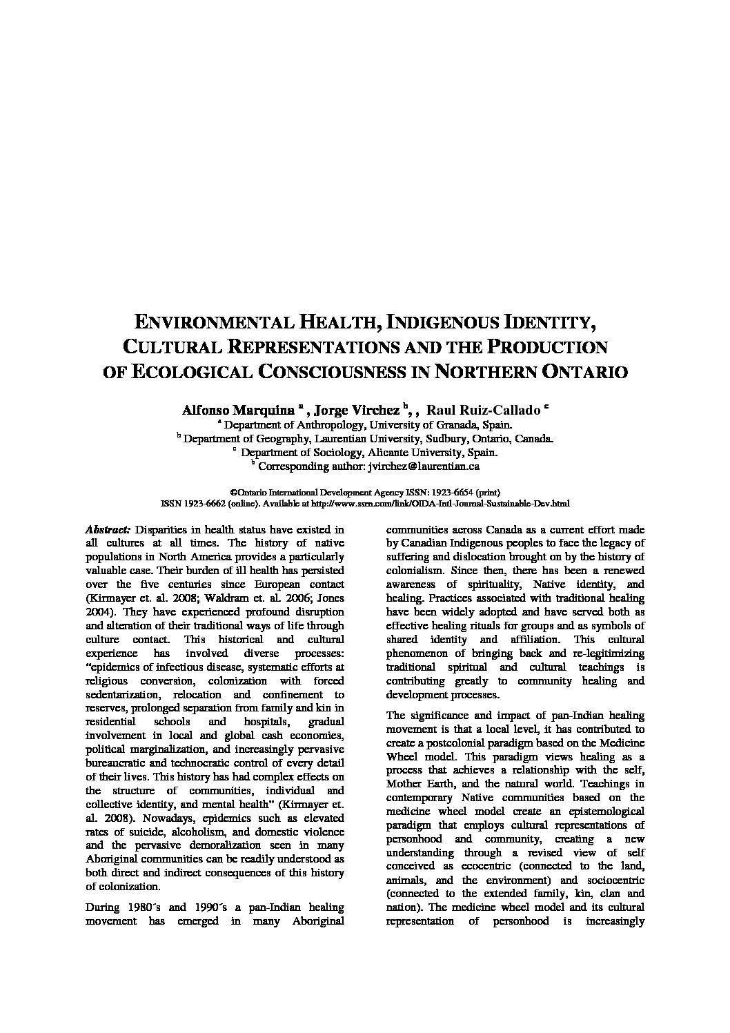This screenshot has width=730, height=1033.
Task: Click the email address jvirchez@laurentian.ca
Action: (x=424, y=466)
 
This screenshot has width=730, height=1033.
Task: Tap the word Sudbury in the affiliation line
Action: (x=453, y=439)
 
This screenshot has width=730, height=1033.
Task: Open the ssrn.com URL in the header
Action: (x=451, y=504)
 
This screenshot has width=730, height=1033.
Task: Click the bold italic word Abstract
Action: (x=108, y=530)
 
